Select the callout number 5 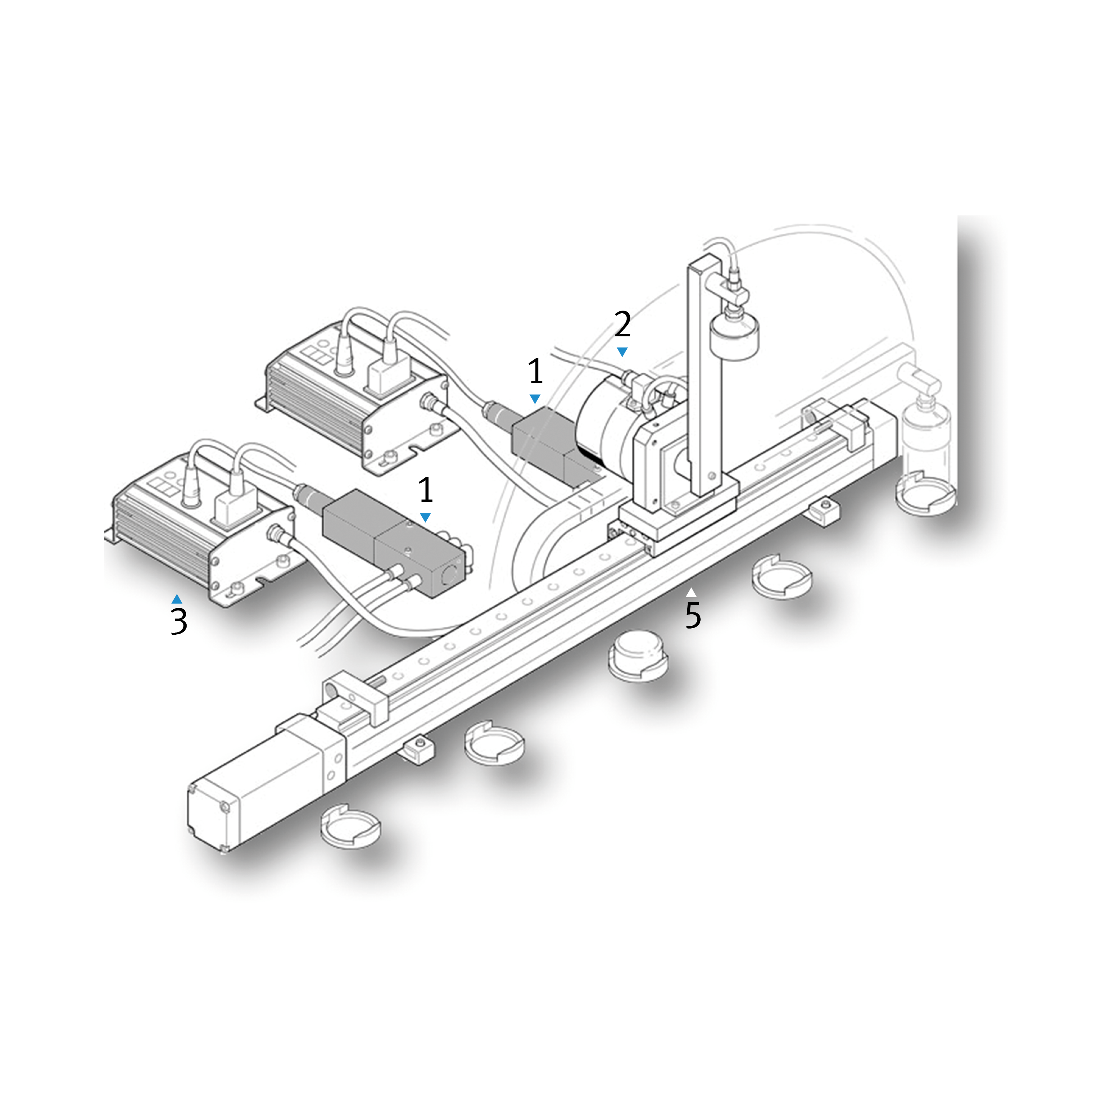pyautogui.click(x=693, y=615)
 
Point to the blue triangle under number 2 pyautogui.click(x=622, y=352)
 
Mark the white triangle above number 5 pyautogui.click(x=691, y=592)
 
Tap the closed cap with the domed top pyautogui.click(x=638, y=656)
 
